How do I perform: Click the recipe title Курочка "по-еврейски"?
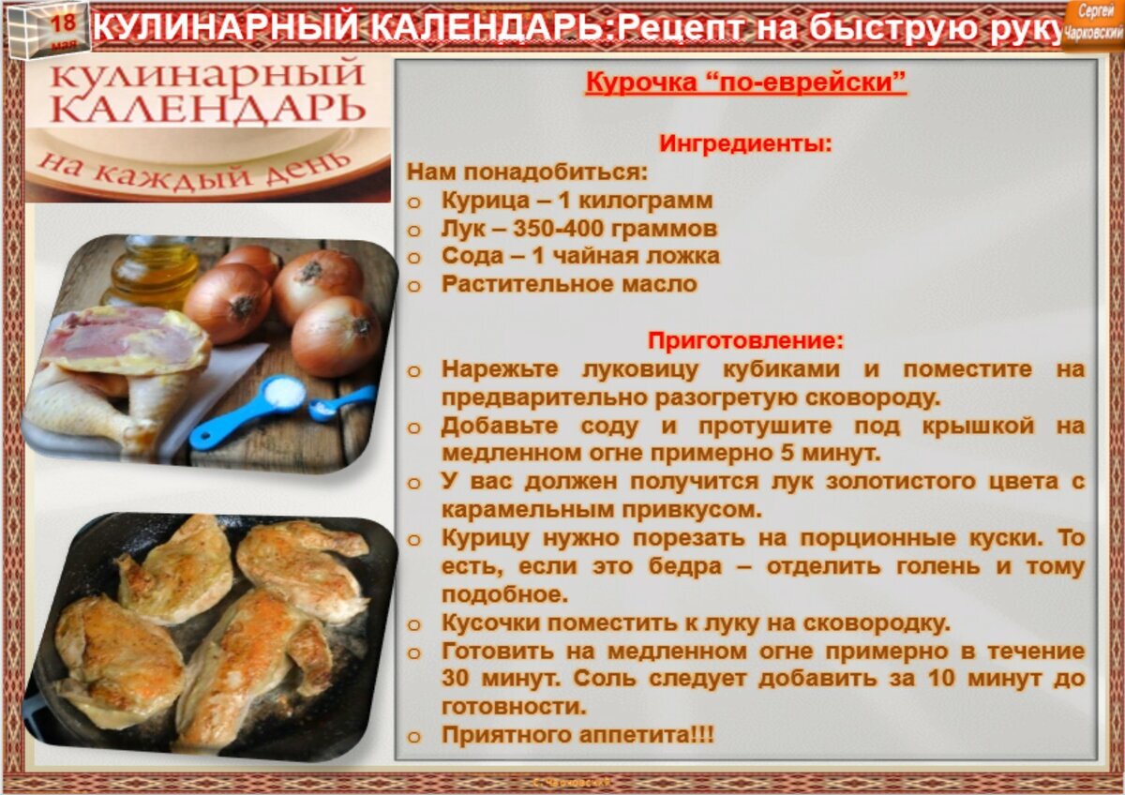coord(746,82)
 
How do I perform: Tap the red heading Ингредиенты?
coord(746,143)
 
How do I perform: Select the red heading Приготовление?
coord(746,340)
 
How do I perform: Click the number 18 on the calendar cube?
coord(64,22)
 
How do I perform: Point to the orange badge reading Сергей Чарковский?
coord(1093,25)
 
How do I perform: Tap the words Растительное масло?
coord(569,284)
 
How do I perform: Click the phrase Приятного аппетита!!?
coord(577,735)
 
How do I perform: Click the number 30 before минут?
coord(455,679)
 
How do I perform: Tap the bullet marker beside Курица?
coord(413,202)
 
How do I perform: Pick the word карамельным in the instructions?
coord(528,511)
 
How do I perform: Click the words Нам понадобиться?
coord(527,172)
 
